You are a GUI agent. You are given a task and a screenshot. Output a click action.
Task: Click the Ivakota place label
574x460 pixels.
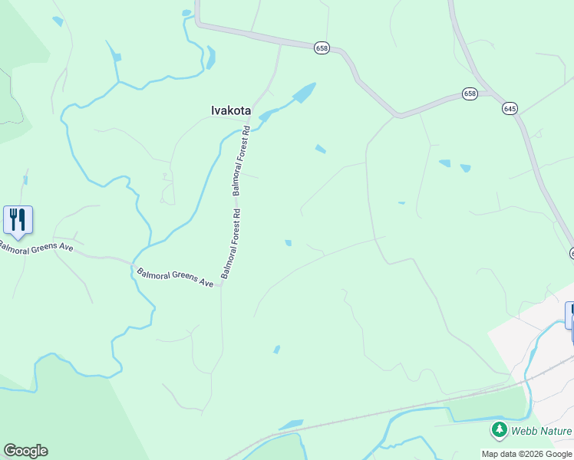(x=231, y=110)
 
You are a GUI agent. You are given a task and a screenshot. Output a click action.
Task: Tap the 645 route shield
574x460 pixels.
(x=510, y=109)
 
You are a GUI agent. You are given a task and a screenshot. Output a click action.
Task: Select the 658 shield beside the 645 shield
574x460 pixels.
(x=470, y=94)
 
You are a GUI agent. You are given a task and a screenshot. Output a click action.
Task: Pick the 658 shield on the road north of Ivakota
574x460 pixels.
(x=322, y=48)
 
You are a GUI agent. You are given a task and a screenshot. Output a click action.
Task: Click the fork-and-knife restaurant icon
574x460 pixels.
(x=18, y=219)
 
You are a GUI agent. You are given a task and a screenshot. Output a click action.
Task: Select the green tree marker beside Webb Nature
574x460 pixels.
(x=500, y=430)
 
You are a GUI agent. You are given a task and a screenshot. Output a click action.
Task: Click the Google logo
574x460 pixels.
(x=25, y=451)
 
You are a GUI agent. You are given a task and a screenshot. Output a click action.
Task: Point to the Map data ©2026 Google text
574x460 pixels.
(x=526, y=454)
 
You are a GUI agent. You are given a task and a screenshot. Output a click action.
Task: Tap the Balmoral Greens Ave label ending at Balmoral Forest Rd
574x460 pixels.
(x=175, y=277)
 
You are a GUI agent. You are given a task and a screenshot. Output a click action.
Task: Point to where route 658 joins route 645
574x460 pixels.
(x=491, y=94)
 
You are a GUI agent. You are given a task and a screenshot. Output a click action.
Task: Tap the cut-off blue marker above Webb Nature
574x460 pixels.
(x=570, y=314)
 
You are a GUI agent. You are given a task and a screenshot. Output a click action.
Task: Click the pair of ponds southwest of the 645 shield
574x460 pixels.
(x=454, y=165)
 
